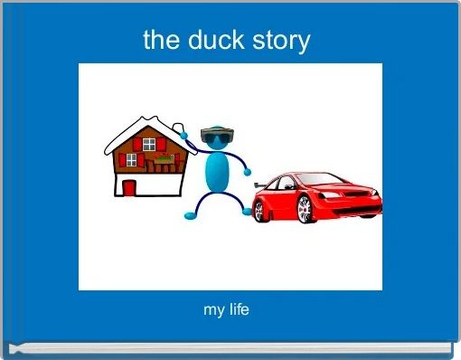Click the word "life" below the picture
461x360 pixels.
(x=239, y=310)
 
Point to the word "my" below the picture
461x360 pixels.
(x=214, y=311)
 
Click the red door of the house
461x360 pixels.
(x=129, y=187)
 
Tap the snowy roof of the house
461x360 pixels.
(x=145, y=128)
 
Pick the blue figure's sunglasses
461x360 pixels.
(x=217, y=137)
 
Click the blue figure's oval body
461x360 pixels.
(x=217, y=173)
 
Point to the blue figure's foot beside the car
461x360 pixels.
(x=248, y=213)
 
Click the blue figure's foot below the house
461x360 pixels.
(x=189, y=216)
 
